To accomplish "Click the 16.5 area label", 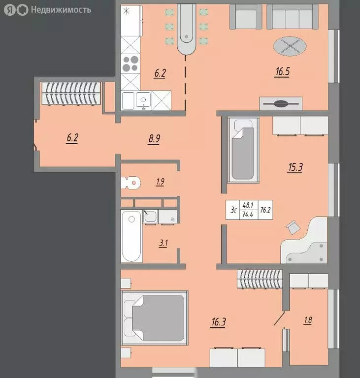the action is click(x=282, y=72).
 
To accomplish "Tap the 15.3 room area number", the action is click(x=295, y=167).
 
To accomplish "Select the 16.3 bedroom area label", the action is click(x=219, y=322).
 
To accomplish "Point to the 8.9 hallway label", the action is click(x=154, y=139).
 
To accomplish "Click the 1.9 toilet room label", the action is click(x=160, y=182).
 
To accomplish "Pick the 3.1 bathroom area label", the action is click(x=164, y=243).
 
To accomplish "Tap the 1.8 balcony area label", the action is click(x=308, y=320).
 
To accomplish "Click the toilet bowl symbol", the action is click(x=131, y=183).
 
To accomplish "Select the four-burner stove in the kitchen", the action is click(x=131, y=63).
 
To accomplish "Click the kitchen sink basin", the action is click(x=143, y=100).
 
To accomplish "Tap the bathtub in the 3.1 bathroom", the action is click(x=131, y=236).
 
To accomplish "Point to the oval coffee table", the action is click(x=290, y=46).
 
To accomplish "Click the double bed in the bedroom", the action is click(x=155, y=318).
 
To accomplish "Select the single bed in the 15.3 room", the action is click(x=243, y=150).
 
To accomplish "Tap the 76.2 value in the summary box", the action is click(x=265, y=210).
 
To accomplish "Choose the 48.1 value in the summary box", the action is click(x=248, y=205).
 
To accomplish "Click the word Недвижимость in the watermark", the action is click(x=61, y=10).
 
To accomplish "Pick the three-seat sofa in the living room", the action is click(x=292, y=17).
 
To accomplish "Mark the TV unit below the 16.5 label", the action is click(x=281, y=104).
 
